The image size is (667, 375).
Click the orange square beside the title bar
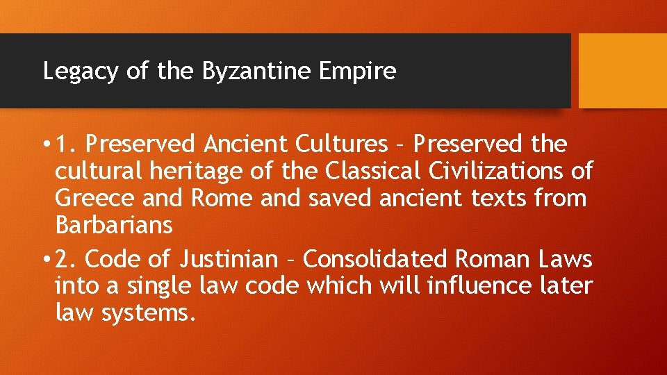click(x=623, y=71)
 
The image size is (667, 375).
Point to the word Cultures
click(x=341, y=144)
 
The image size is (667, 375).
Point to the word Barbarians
click(x=113, y=225)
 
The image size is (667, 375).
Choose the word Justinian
click(x=229, y=260)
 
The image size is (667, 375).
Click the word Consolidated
click(x=377, y=260)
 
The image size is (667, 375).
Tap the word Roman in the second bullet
click(x=493, y=260)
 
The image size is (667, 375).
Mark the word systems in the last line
click(x=145, y=313)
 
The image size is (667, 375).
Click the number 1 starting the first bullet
click(x=63, y=144)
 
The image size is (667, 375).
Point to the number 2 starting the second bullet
click(x=64, y=260)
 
